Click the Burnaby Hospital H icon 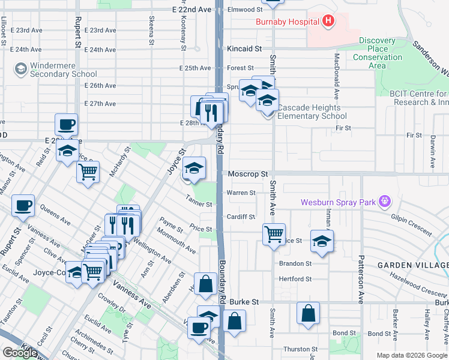pyautogui.click(x=328, y=22)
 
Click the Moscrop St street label pyautogui.click(x=248, y=174)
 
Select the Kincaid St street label pyautogui.click(x=245, y=49)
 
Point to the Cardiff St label pyautogui.click(x=241, y=217)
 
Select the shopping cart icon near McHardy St pyautogui.click(x=88, y=172)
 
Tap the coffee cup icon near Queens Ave pyautogui.click(x=24, y=206)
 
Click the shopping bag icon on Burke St pyautogui.click(x=308, y=313)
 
